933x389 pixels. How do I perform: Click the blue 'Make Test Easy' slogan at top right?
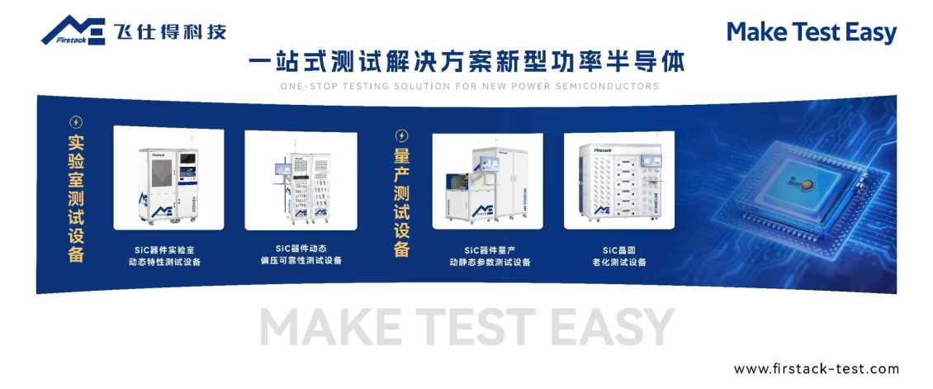(x=811, y=32)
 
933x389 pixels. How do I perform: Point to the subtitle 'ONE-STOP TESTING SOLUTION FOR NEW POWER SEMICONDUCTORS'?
(x=469, y=86)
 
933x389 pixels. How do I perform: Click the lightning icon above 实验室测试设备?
(x=76, y=122)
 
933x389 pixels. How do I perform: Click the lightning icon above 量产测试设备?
(x=402, y=135)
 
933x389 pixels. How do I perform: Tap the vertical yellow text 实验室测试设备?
(x=76, y=198)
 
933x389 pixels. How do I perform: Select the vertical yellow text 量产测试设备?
(x=402, y=202)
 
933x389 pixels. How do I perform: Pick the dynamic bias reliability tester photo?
(x=301, y=179)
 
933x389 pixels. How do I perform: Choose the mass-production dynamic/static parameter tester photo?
(x=487, y=181)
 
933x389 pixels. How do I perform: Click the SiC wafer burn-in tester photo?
(x=618, y=179)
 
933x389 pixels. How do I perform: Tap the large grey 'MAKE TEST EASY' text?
(x=467, y=327)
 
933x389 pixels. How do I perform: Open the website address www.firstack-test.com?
(x=816, y=369)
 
